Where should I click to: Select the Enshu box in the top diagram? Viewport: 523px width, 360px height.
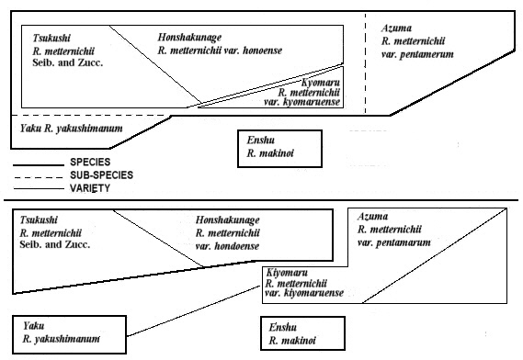point(279,148)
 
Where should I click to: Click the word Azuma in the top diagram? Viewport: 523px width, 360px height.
point(398,28)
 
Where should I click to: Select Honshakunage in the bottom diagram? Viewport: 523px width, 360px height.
point(228,221)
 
